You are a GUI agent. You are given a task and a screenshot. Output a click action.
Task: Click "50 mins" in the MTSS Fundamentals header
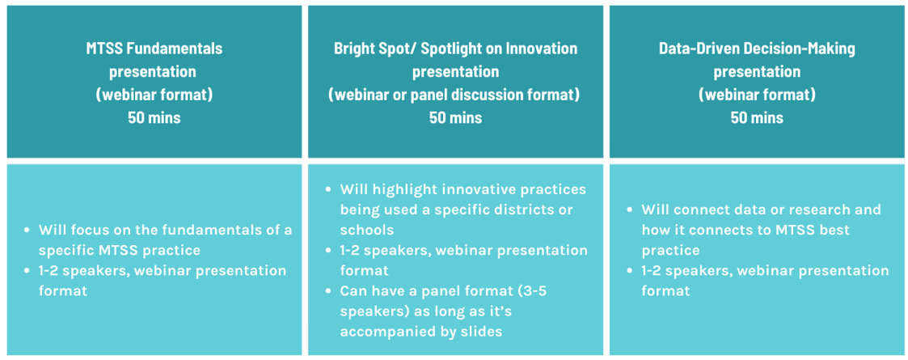pyautogui.click(x=154, y=117)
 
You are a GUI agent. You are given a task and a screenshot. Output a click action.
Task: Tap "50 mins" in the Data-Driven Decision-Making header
pyautogui.click(x=757, y=117)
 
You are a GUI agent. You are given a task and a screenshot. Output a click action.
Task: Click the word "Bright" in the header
pyautogui.click(x=354, y=49)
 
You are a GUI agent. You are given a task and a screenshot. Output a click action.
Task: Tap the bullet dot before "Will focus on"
pyautogui.click(x=27, y=231)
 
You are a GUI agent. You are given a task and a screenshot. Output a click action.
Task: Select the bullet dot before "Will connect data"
pyautogui.click(x=631, y=210)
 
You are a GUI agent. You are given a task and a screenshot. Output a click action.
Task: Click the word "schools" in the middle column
pyautogui.click(x=367, y=230)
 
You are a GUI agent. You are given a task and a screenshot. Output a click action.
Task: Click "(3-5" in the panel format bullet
pyautogui.click(x=530, y=291)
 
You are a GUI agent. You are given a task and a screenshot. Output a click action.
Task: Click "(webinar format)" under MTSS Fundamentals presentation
pyautogui.click(x=154, y=95)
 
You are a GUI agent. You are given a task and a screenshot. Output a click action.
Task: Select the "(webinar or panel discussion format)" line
pyautogui.click(x=455, y=95)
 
